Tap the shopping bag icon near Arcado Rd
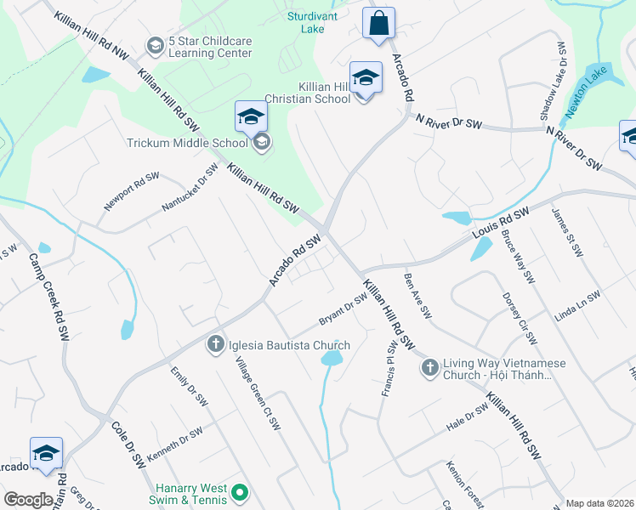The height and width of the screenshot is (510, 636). (x=378, y=23)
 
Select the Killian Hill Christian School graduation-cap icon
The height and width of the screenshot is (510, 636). (x=366, y=77)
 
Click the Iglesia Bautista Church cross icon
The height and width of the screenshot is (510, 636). (x=215, y=344)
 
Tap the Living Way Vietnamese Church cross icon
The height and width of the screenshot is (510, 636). (x=429, y=367)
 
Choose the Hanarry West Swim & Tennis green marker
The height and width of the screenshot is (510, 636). (x=240, y=491)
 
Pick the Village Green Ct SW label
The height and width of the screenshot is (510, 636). (x=258, y=392)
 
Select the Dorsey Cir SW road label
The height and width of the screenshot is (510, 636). (x=520, y=320)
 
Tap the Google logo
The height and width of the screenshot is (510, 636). (x=28, y=500)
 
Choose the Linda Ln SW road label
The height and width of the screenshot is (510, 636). (x=576, y=306)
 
